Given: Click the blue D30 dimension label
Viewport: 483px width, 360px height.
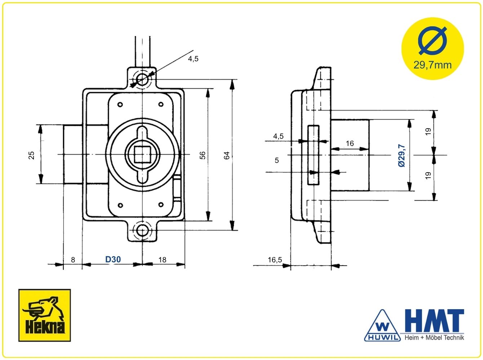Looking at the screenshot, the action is pos(113,259).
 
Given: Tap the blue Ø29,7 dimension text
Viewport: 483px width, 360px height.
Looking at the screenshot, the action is pos(402,155).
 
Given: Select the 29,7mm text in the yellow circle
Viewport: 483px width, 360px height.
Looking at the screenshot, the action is pos(433,65).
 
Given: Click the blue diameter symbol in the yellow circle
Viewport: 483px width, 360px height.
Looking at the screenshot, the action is pos(433,41).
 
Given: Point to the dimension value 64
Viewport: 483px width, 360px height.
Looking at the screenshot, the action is pos(226,155).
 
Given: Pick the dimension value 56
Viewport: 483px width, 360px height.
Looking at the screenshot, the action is pos(203,155).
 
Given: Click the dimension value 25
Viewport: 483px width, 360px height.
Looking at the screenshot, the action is pos(31,155).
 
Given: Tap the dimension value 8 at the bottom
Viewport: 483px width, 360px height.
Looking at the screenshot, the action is pos(73,260).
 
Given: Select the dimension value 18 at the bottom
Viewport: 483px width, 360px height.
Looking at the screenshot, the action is pos(163,260).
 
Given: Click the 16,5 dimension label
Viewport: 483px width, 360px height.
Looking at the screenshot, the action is pos(275,260).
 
